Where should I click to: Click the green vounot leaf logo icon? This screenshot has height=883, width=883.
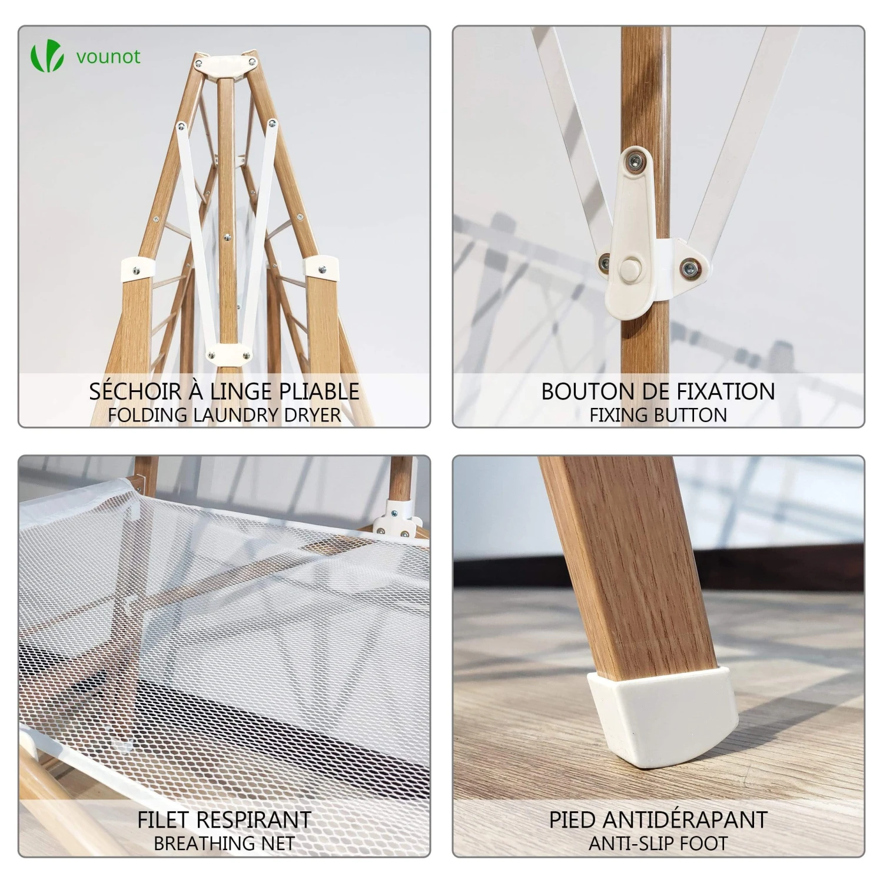pyautogui.click(x=47, y=57)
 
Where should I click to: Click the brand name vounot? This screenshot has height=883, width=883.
pyautogui.click(x=108, y=57)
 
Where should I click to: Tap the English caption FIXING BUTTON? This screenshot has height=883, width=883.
pyautogui.click(x=658, y=415)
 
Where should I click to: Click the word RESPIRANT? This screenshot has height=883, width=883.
pyautogui.click(x=254, y=819)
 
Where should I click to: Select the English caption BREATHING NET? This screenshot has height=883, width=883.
pyautogui.click(x=224, y=843)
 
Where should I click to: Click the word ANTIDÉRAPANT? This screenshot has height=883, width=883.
pyautogui.click(x=685, y=819)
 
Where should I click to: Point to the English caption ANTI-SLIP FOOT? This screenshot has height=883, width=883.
pyautogui.click(x=658, y=843)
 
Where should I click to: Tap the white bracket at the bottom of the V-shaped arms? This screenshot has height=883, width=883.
pyautogui.click(x=228, y=354)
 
